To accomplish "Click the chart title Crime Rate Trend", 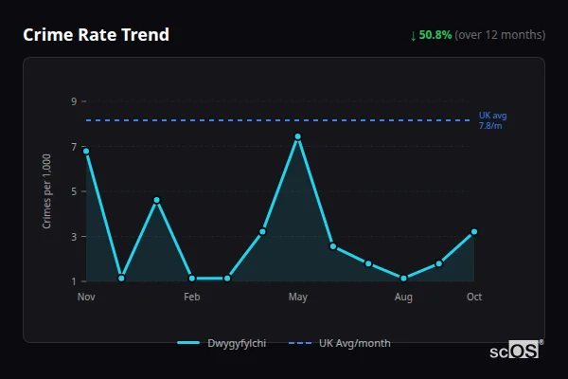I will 96,35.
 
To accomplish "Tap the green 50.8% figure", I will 435,35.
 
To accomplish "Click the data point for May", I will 298,136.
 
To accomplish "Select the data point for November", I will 86,151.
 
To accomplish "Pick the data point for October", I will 474,231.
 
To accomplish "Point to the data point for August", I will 404,279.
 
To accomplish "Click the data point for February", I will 192,279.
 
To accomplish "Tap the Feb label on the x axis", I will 192,298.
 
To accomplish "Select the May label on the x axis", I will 298,298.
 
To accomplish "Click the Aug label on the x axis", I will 404,298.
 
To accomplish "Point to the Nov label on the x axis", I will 86,298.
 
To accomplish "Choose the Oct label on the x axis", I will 474,298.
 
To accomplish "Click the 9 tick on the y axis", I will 73,101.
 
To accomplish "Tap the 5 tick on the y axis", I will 73,191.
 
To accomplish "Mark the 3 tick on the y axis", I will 73,237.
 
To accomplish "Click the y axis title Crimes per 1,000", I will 47,191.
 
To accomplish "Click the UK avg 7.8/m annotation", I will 492,120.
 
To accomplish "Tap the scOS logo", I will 514,351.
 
